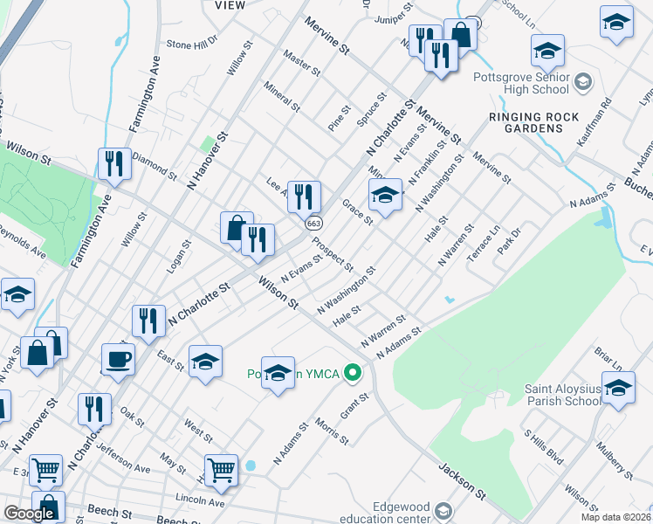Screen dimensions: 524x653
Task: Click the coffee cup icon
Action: (118, 358)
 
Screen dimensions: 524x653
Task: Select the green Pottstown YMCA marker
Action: (353, 374)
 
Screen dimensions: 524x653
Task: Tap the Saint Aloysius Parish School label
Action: (562, 395)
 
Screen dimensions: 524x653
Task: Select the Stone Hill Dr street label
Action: (190, 44)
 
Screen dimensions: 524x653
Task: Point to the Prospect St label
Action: (333, 254)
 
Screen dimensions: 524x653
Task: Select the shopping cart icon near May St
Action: (222, 470)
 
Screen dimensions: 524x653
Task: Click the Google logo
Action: (29, 514)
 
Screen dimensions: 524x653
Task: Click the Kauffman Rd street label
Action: (597, 113)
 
